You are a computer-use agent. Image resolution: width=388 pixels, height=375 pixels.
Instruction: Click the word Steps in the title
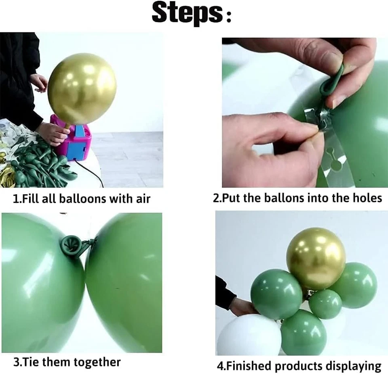[x=187, y=13]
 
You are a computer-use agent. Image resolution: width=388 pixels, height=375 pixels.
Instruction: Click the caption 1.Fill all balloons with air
[x=82, y=199]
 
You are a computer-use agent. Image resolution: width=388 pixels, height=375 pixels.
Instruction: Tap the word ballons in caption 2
[x=285, y=198]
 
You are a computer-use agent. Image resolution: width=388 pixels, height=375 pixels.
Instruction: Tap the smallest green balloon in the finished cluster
[x=325, y=304]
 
